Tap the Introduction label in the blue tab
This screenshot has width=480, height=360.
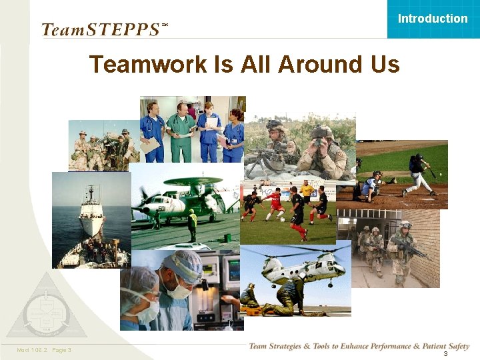(433, 19)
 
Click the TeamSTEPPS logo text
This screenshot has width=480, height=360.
(100, 29)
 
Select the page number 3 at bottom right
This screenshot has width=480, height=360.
(445, 354)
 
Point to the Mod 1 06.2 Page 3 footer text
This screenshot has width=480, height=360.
(45, 350)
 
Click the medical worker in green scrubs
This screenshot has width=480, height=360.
(181, 129)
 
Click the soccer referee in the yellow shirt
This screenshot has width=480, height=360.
(307, 194)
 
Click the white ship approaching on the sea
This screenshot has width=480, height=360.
(91, 214)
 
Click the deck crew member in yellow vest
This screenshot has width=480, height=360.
(192, 225)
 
